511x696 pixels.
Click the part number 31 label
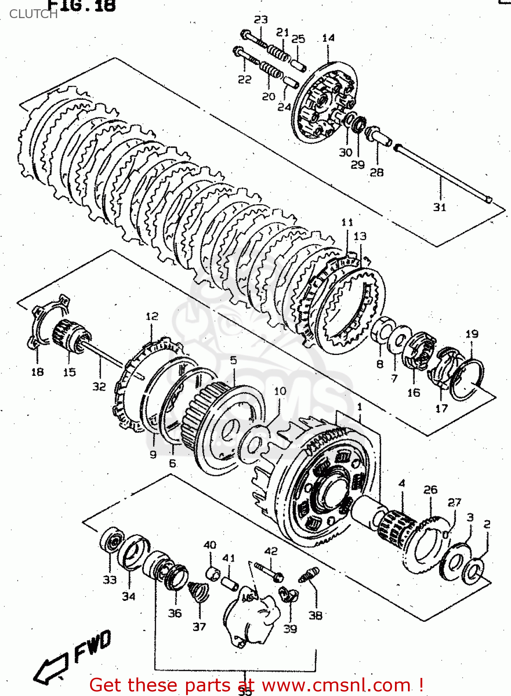[x=440, y=207]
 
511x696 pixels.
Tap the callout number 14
[x=328, y=38]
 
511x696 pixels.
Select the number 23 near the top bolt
[x=261, y=19]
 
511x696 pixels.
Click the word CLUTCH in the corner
[x=33, y=14]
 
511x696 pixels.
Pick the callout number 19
[x=472, y=334]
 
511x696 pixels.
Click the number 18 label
[x=37, y=372]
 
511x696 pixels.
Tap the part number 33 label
[x=110, y=580]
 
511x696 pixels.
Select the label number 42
[x=271, y=551]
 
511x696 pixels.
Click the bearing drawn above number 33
[x=112, y=540]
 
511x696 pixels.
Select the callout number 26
[x=430, y=490]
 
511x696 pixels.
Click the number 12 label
[x=152, y=316]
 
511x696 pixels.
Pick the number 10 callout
[x=280, y=391]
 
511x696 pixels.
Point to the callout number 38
[x=315, y=615]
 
